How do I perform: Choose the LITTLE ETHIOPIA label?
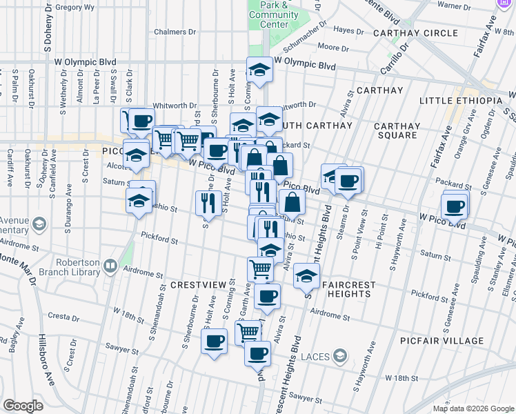click(461, 101)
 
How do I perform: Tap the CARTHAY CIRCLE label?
click(415, 33)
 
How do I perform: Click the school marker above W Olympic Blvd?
click(259, 70)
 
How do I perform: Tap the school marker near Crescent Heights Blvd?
click(306, 275)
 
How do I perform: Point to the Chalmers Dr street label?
click(170, 32)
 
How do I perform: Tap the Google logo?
click(23, 405)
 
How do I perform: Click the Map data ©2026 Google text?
click(473, 408)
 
